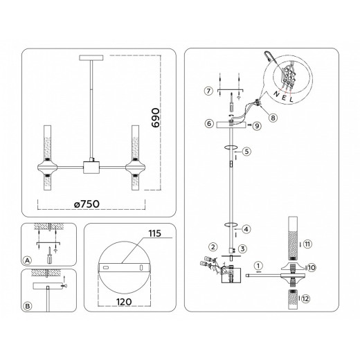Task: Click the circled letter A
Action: point(27,260)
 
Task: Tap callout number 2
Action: point(213,246)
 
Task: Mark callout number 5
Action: point(246,150)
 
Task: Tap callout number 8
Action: point(273,118)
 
